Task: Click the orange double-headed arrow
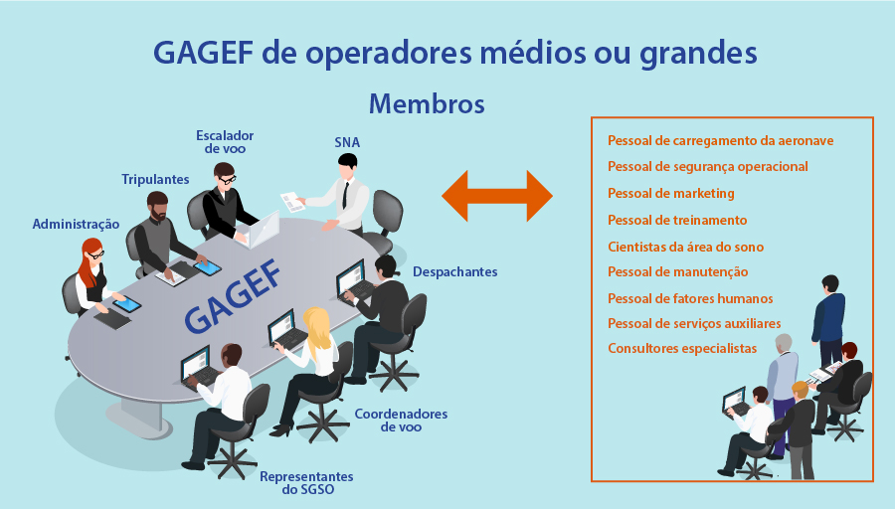[x=496, y=195]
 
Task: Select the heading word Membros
[x=426, y=103]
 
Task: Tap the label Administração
[x=76, y=225]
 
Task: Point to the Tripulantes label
[x=155, y=179]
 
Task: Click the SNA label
[x=347, y=142]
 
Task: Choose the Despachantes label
[x=454, y=271]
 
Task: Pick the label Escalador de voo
[x=225, y=141]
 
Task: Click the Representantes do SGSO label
[x=306, y=483]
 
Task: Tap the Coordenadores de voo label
[x=401, y=420]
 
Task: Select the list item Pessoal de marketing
[x=670, y=193]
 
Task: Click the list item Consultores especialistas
[x=682, y=348]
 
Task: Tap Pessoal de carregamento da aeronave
[x=720, y=140]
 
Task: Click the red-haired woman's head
[x=92, y=251]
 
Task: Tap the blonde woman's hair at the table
[x=319, y=325]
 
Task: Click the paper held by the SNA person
[x=293, y=200]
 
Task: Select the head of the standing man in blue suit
[x=830, y=283]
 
